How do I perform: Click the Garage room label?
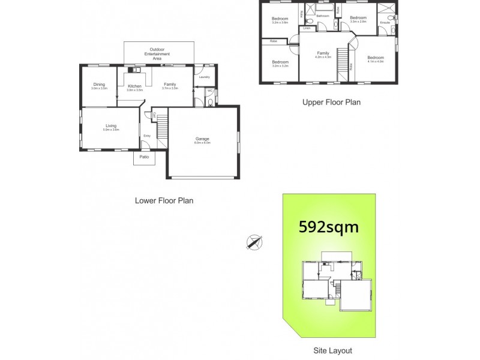click(x=202, y=139)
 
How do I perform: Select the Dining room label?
click(x=99, y=85)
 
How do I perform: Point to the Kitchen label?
click(x=134, y=86)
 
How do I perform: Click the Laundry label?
click(x=203, y=77)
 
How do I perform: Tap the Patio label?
click(x=144, y=157)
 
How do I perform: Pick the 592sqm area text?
click(x=328, y=227)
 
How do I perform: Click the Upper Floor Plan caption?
click(x=331, y=102)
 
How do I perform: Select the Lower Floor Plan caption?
click(x=164, y=201)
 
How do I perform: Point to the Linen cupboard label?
click(x=307, y=28)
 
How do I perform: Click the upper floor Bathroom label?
click(x=323, y=16)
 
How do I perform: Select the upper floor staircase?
click(x=342, y=62)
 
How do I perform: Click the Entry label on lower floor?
click(x=147, y=136)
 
